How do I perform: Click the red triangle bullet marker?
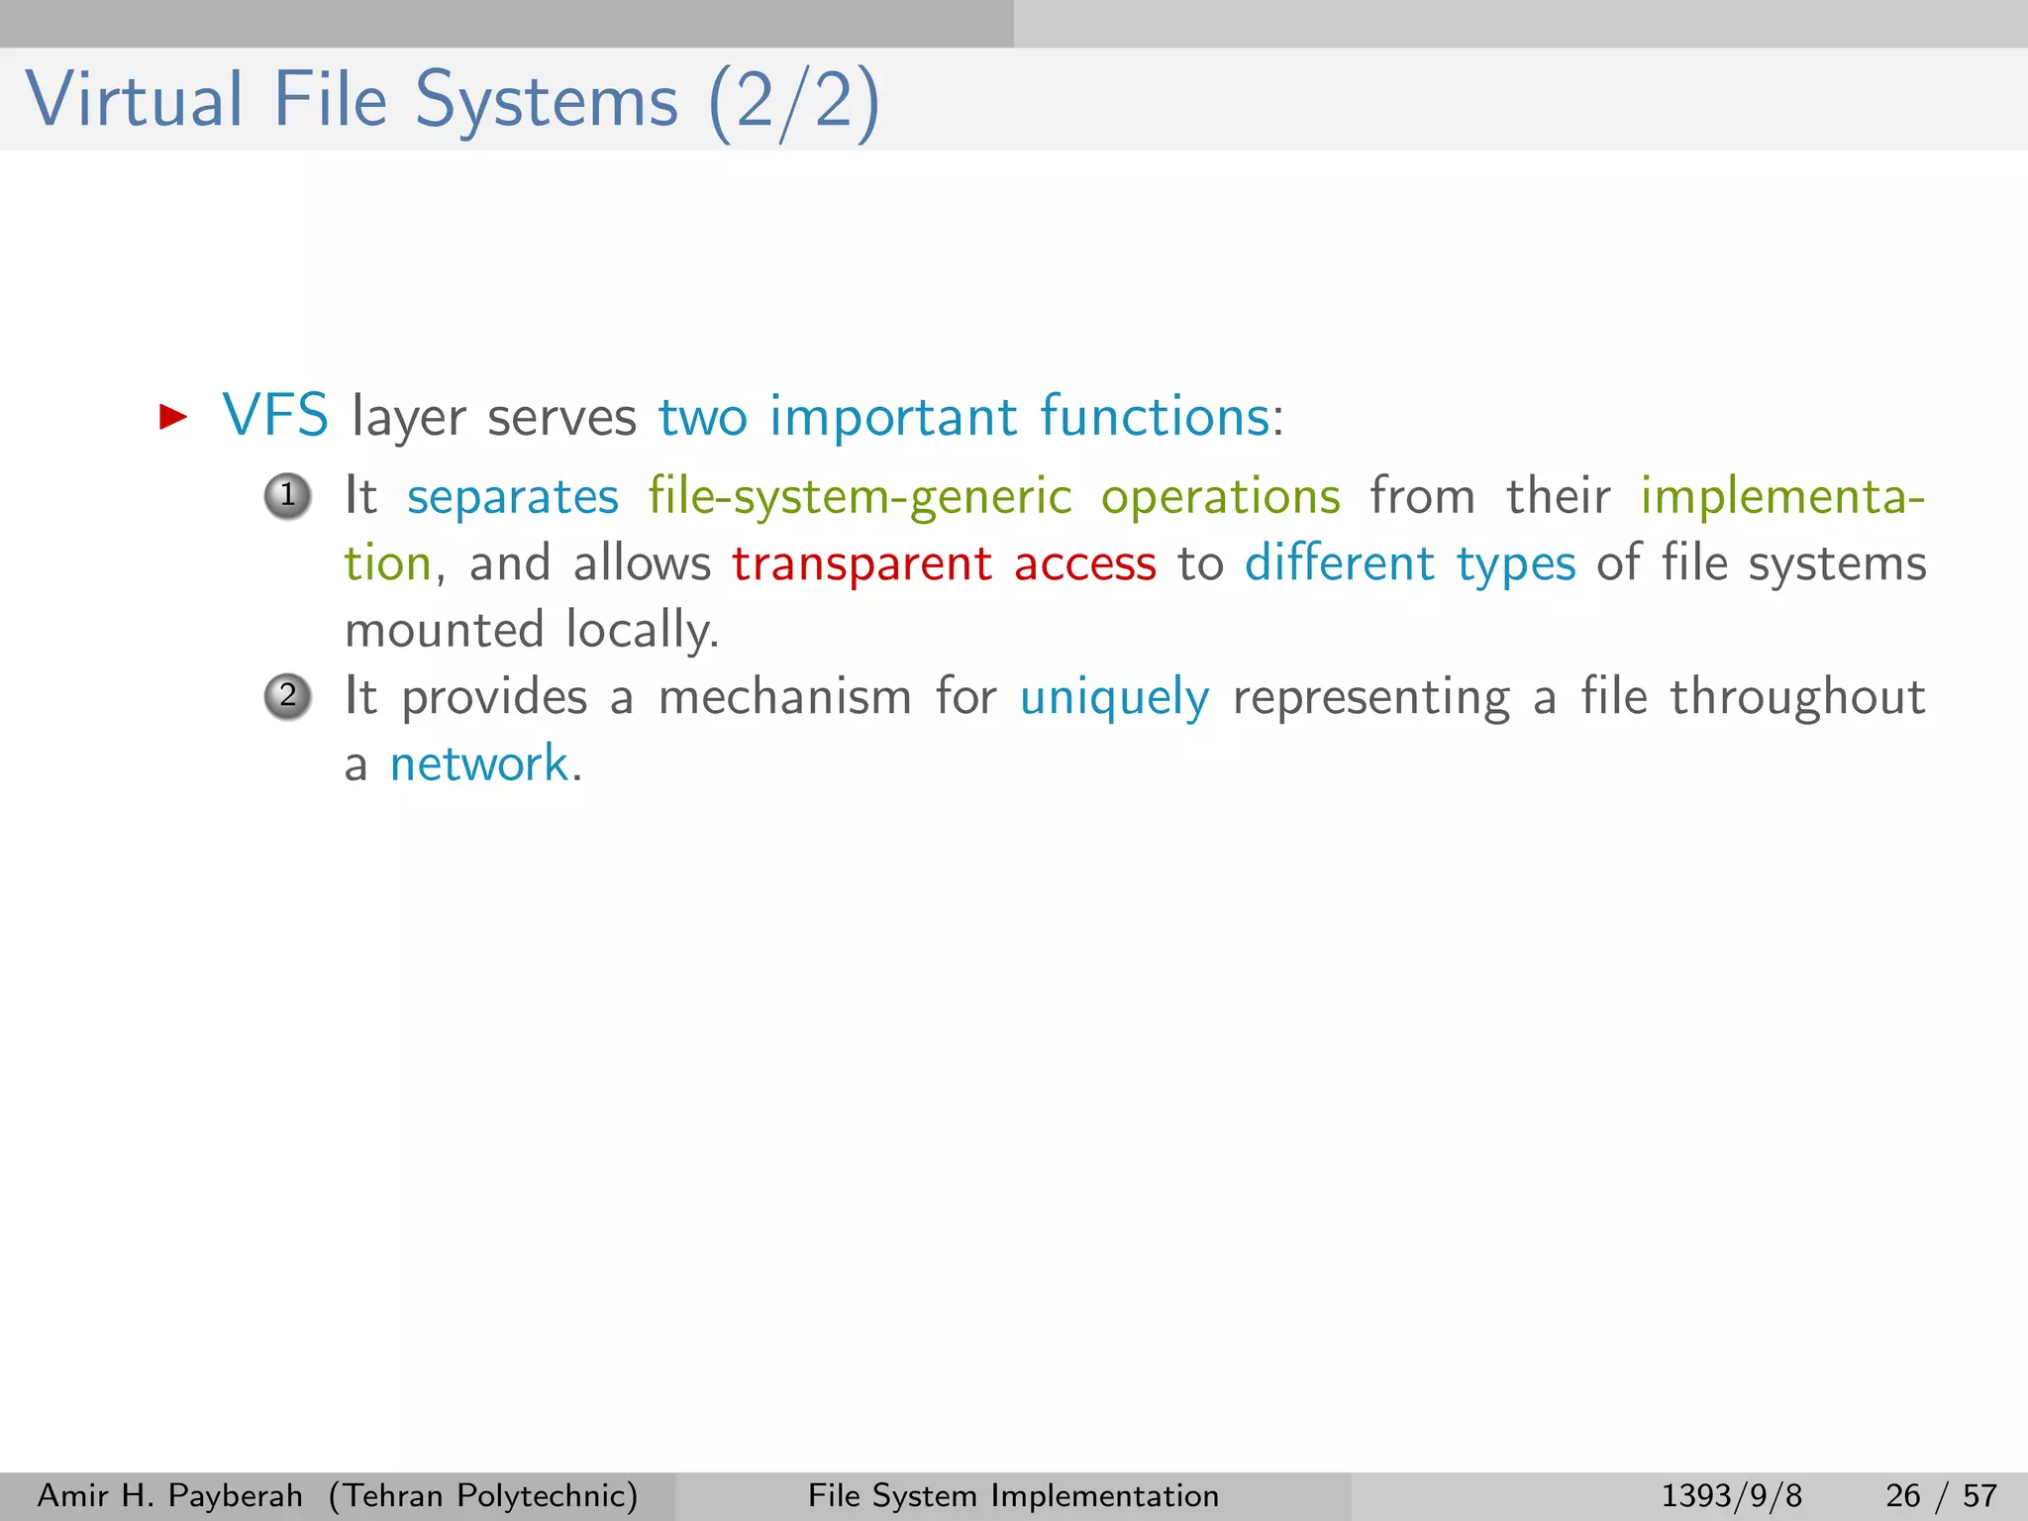173,417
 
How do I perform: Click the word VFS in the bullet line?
275,416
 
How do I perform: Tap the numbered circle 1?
288,495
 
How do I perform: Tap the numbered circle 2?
288,696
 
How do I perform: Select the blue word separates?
512,497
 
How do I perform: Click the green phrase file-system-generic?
860,497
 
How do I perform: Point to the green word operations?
1220,497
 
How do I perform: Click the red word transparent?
862,564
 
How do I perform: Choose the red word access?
1084,564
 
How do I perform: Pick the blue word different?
1339,562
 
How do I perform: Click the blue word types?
1515,564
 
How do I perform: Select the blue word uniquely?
1114,698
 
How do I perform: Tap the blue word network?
478,764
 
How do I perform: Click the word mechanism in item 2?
784,696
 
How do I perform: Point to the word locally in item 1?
642,631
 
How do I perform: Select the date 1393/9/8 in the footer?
1731,1495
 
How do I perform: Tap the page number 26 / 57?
1941,1495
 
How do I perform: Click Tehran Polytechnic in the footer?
483,1495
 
